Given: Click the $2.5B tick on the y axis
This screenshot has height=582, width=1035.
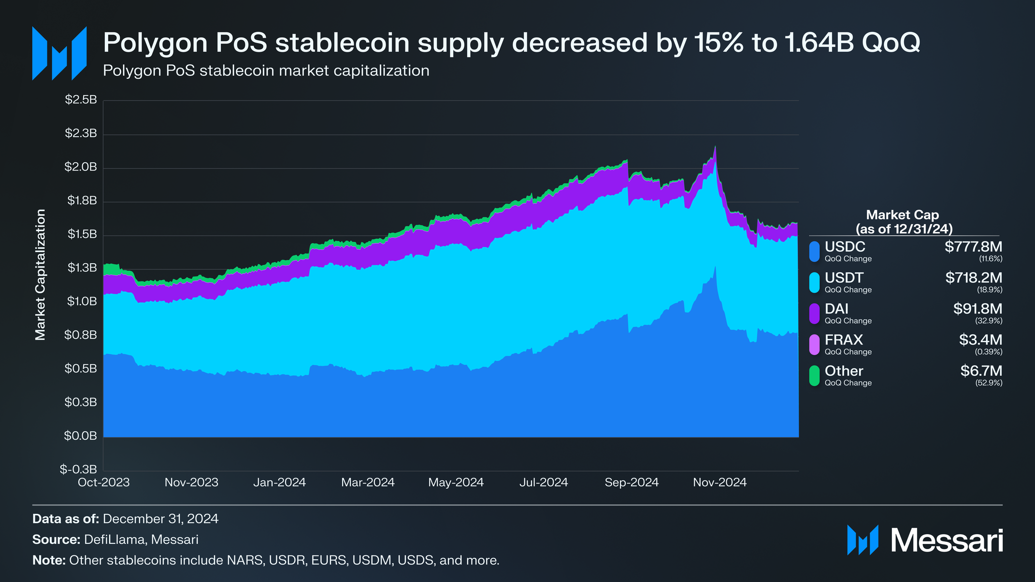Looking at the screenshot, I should [x=81, y=100].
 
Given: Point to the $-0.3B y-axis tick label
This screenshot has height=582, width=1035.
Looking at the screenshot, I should [x=78, y=469].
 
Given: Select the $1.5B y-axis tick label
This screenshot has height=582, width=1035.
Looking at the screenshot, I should [x=82, y=235].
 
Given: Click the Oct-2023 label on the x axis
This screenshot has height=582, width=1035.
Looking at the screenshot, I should [x=104, y=483].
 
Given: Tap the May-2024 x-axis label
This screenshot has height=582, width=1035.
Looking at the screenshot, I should [x=456, y=483].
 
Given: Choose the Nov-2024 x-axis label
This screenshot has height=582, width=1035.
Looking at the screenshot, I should [x=719, y=483].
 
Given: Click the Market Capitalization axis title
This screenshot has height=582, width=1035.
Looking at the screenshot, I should [x=40, y=275].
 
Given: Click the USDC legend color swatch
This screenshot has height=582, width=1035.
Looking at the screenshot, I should [x=814, y=252].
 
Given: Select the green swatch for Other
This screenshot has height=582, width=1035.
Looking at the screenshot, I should [x=814, y=376].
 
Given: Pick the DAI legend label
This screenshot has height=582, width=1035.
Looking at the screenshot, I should [x=836, y=309].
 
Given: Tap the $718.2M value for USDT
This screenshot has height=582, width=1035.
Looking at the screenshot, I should [x=974, y=278].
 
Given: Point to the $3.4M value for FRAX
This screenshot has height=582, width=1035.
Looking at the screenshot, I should [x=980, y=340].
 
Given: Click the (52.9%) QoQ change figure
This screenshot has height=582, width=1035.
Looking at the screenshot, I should [x=989, y=383].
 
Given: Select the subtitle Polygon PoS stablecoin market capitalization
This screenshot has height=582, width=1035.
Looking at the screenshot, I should [x=266, y=71].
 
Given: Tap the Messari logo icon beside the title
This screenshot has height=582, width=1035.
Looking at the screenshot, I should [x=59, y=53].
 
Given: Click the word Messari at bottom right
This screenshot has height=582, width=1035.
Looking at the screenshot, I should [x=947, y=540].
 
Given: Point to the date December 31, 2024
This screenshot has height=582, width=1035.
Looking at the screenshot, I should [x=160, y=519].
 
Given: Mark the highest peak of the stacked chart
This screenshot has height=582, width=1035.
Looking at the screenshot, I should [x=715, y=146].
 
